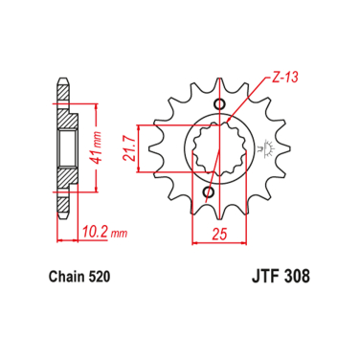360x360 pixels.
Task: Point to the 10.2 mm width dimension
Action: (x=97, y=230)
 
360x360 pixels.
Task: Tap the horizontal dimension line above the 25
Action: (x=218, y=240)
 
